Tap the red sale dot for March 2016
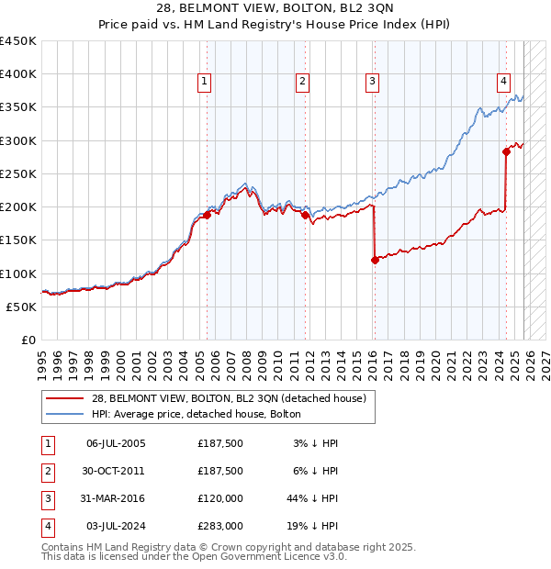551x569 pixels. coord(375,261)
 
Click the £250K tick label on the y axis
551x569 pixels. coord(18,173)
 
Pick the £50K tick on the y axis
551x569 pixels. coord(22,307)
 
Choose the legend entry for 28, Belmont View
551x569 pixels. coord(229,398)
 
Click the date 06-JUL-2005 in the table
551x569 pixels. coord(116,443)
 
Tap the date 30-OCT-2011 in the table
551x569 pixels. coord(116,471)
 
